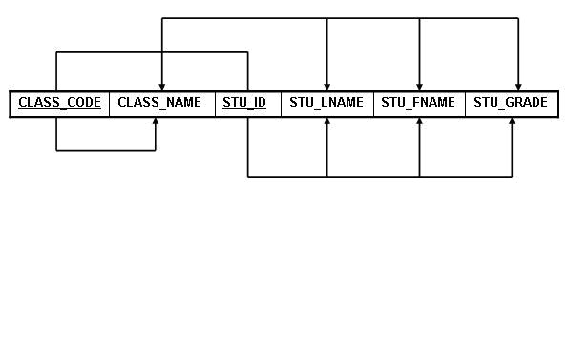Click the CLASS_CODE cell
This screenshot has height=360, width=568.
[59, 103]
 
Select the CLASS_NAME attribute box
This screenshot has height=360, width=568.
[161, 103]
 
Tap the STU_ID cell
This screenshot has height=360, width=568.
[244, 103]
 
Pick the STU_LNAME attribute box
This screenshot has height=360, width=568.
[326, 103]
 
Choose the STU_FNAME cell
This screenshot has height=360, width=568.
[419, 103]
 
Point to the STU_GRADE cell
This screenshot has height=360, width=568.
[511, 103]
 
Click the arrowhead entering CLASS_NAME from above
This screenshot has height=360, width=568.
[162, 86]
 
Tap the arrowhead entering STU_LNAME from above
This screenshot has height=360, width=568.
[327, 86]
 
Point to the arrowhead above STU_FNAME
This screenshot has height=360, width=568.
[420, 86]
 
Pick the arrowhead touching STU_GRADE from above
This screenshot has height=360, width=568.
[518, 86]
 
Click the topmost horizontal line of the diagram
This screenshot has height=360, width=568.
[340, 18]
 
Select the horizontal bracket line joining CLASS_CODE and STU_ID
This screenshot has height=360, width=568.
[152, 52]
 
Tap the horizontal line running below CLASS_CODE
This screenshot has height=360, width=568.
[106, 150]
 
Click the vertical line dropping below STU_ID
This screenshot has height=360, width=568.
[248, 148]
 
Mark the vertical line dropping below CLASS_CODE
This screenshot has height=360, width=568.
[56, 135]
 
